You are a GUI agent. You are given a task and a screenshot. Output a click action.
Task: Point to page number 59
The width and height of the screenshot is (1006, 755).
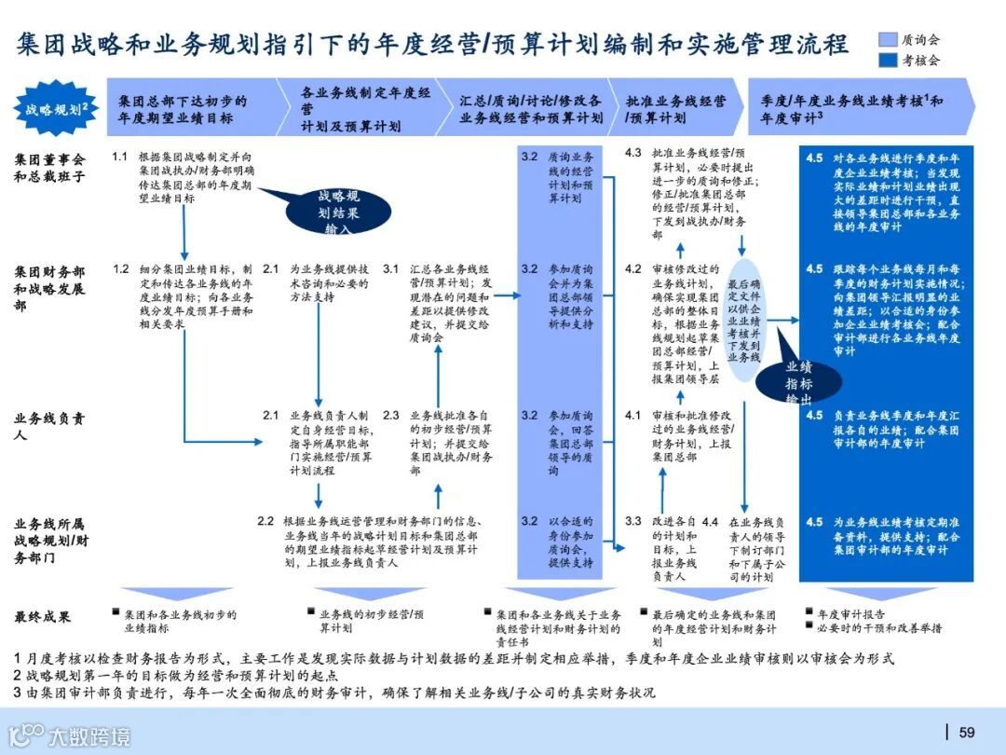pos(967,732)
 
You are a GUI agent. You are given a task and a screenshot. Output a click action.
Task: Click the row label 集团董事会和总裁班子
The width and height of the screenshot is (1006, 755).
pos(50,168)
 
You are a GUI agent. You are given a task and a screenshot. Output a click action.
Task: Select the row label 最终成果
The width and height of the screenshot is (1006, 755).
pos(43,616)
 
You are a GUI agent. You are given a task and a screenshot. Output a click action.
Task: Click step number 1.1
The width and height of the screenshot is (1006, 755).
pos(119,157)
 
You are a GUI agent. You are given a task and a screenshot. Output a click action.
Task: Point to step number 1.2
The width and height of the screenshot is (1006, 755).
pos(120,268)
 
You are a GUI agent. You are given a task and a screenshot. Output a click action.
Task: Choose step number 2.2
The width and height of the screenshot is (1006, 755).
pos(265,521)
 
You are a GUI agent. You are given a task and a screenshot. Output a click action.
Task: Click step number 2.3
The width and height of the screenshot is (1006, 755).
pos(391,415)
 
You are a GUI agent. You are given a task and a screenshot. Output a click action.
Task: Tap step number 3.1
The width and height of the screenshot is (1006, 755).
pos(391,268)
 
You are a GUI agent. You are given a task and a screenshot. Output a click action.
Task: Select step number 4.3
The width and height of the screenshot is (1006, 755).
pos(633,152)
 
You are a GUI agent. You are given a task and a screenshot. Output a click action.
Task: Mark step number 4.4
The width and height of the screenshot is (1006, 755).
pos(711,521)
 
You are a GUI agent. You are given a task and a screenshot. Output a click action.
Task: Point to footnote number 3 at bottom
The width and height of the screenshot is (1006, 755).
pos(17,693)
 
